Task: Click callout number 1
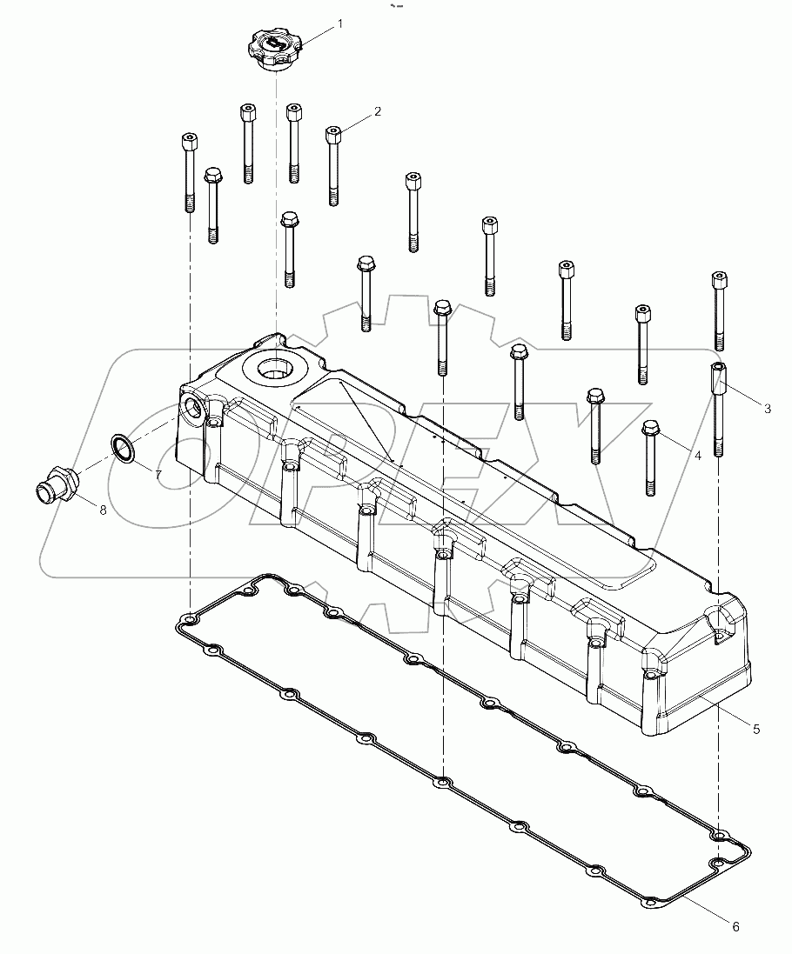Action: coord(339,23)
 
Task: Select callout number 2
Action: coord(378,111)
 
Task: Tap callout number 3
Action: coord(767,408)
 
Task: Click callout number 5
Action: coord(756,729)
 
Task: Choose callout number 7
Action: coord(158,474)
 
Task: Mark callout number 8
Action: coord(103,510)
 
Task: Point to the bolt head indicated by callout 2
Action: coord(332,133)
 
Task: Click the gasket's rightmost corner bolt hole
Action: coord(719,863)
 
